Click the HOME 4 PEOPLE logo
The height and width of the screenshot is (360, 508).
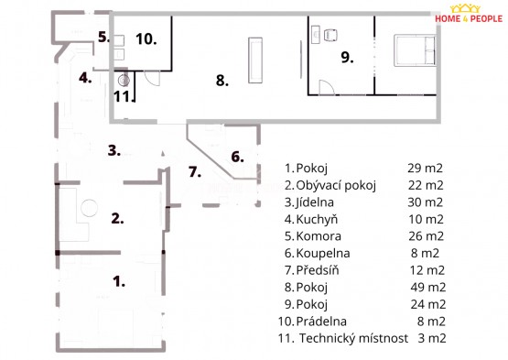469,14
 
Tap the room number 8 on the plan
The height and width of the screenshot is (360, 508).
222,80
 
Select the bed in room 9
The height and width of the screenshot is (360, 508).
415,50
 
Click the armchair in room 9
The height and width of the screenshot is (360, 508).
330,35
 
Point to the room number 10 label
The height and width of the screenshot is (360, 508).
146,38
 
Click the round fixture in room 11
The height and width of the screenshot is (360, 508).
124,80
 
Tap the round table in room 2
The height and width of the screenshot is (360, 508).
89,208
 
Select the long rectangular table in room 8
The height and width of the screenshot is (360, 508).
255,60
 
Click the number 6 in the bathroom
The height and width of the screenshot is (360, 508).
237,157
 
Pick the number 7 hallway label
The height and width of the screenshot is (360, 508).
195,171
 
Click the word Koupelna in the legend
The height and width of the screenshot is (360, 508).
323,254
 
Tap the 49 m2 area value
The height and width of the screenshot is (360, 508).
428,288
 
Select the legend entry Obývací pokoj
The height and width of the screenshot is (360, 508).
336,186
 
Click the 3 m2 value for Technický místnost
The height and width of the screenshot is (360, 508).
432,338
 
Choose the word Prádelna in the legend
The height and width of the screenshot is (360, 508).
321,322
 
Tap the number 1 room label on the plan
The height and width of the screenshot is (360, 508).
119,281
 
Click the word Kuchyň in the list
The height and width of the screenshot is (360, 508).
317,220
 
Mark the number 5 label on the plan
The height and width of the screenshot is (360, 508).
104,37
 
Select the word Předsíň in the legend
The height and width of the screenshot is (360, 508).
318,270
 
